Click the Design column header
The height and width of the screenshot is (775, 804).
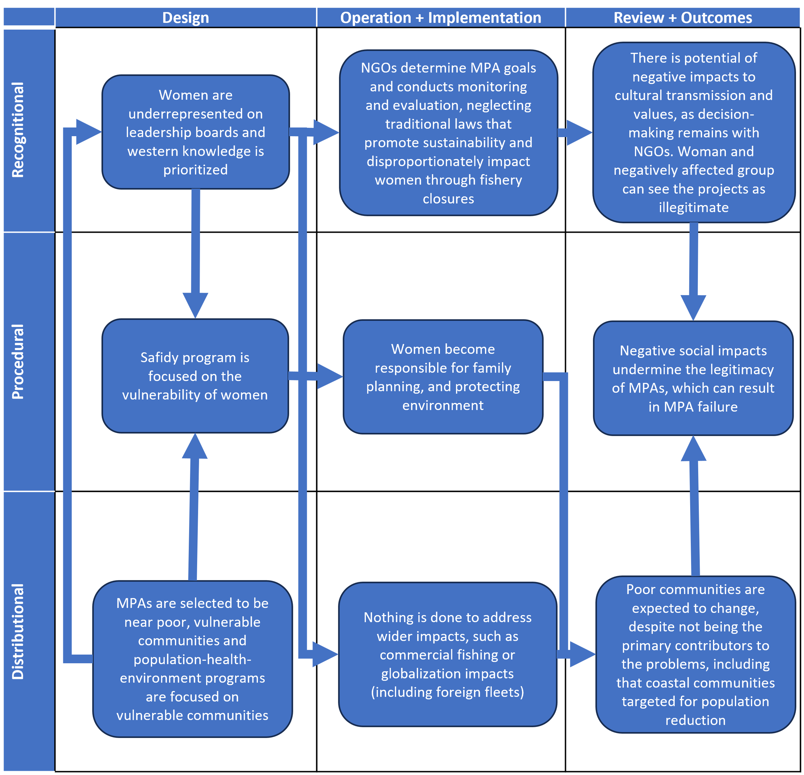tap(186, 18)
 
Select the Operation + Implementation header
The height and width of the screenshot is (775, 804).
tap(441, 18)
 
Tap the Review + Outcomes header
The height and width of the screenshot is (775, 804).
tap(682, 18)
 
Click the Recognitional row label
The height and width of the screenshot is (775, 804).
tap(18, 130)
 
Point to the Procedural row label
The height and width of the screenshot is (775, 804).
tap(18, 361)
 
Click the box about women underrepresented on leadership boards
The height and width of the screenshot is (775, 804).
tap(195, 132)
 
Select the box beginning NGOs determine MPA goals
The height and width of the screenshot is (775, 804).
tap(448, 133)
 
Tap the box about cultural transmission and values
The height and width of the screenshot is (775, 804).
tap(693, 132)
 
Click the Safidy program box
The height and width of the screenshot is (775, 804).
tap(195, 376)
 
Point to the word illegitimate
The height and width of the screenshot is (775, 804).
tap(693, 207)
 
